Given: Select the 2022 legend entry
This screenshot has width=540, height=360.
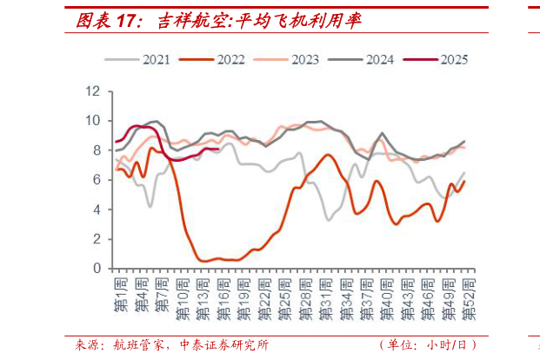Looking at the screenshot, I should pos(218,59).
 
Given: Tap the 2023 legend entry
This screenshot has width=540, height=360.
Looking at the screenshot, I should pos(293,59).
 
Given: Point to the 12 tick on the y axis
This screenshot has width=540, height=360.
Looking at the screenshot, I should pos(94,90).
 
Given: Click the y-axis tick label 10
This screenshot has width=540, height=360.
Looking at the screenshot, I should pos(94,120).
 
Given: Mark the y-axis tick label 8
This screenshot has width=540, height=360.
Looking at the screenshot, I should pos(97,150).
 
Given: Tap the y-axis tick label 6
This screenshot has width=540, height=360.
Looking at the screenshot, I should pos(97,179).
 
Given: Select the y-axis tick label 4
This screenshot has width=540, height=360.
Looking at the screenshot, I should pos(97,209).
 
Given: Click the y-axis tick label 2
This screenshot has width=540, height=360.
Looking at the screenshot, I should pos(97,238).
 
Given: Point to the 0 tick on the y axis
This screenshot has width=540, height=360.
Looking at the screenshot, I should pos(97,268).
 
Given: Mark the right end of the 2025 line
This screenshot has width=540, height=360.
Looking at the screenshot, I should pos(217,150).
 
